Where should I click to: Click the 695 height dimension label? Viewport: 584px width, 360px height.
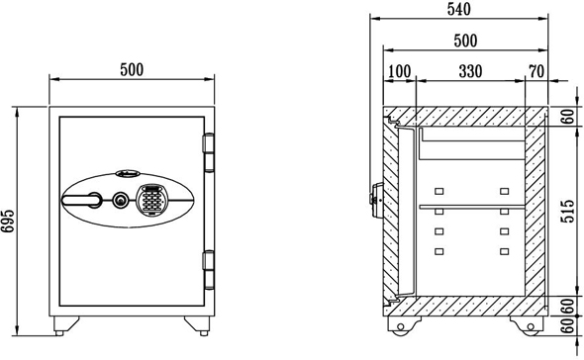8,222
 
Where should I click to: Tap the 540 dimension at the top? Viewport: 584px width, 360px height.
459,9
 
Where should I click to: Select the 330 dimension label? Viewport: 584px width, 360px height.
470,71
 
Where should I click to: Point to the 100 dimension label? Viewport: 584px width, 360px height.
400,71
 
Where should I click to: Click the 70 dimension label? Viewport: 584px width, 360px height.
536,71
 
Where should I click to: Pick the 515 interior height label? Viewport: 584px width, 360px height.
568,212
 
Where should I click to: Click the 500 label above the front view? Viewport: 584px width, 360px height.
132,69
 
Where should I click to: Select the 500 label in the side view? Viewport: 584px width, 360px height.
465,41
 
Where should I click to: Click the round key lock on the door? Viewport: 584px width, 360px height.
120,201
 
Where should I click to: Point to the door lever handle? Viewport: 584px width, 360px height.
81,200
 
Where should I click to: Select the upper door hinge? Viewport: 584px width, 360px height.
209,152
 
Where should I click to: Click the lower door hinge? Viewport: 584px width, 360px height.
209,270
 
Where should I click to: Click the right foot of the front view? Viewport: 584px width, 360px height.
197,325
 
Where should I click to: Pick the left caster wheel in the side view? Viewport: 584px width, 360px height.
401,326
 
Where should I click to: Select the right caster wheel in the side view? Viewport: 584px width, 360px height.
531,326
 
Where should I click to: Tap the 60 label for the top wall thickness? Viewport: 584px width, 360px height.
568,117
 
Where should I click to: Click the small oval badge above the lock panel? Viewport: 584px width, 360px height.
128,173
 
